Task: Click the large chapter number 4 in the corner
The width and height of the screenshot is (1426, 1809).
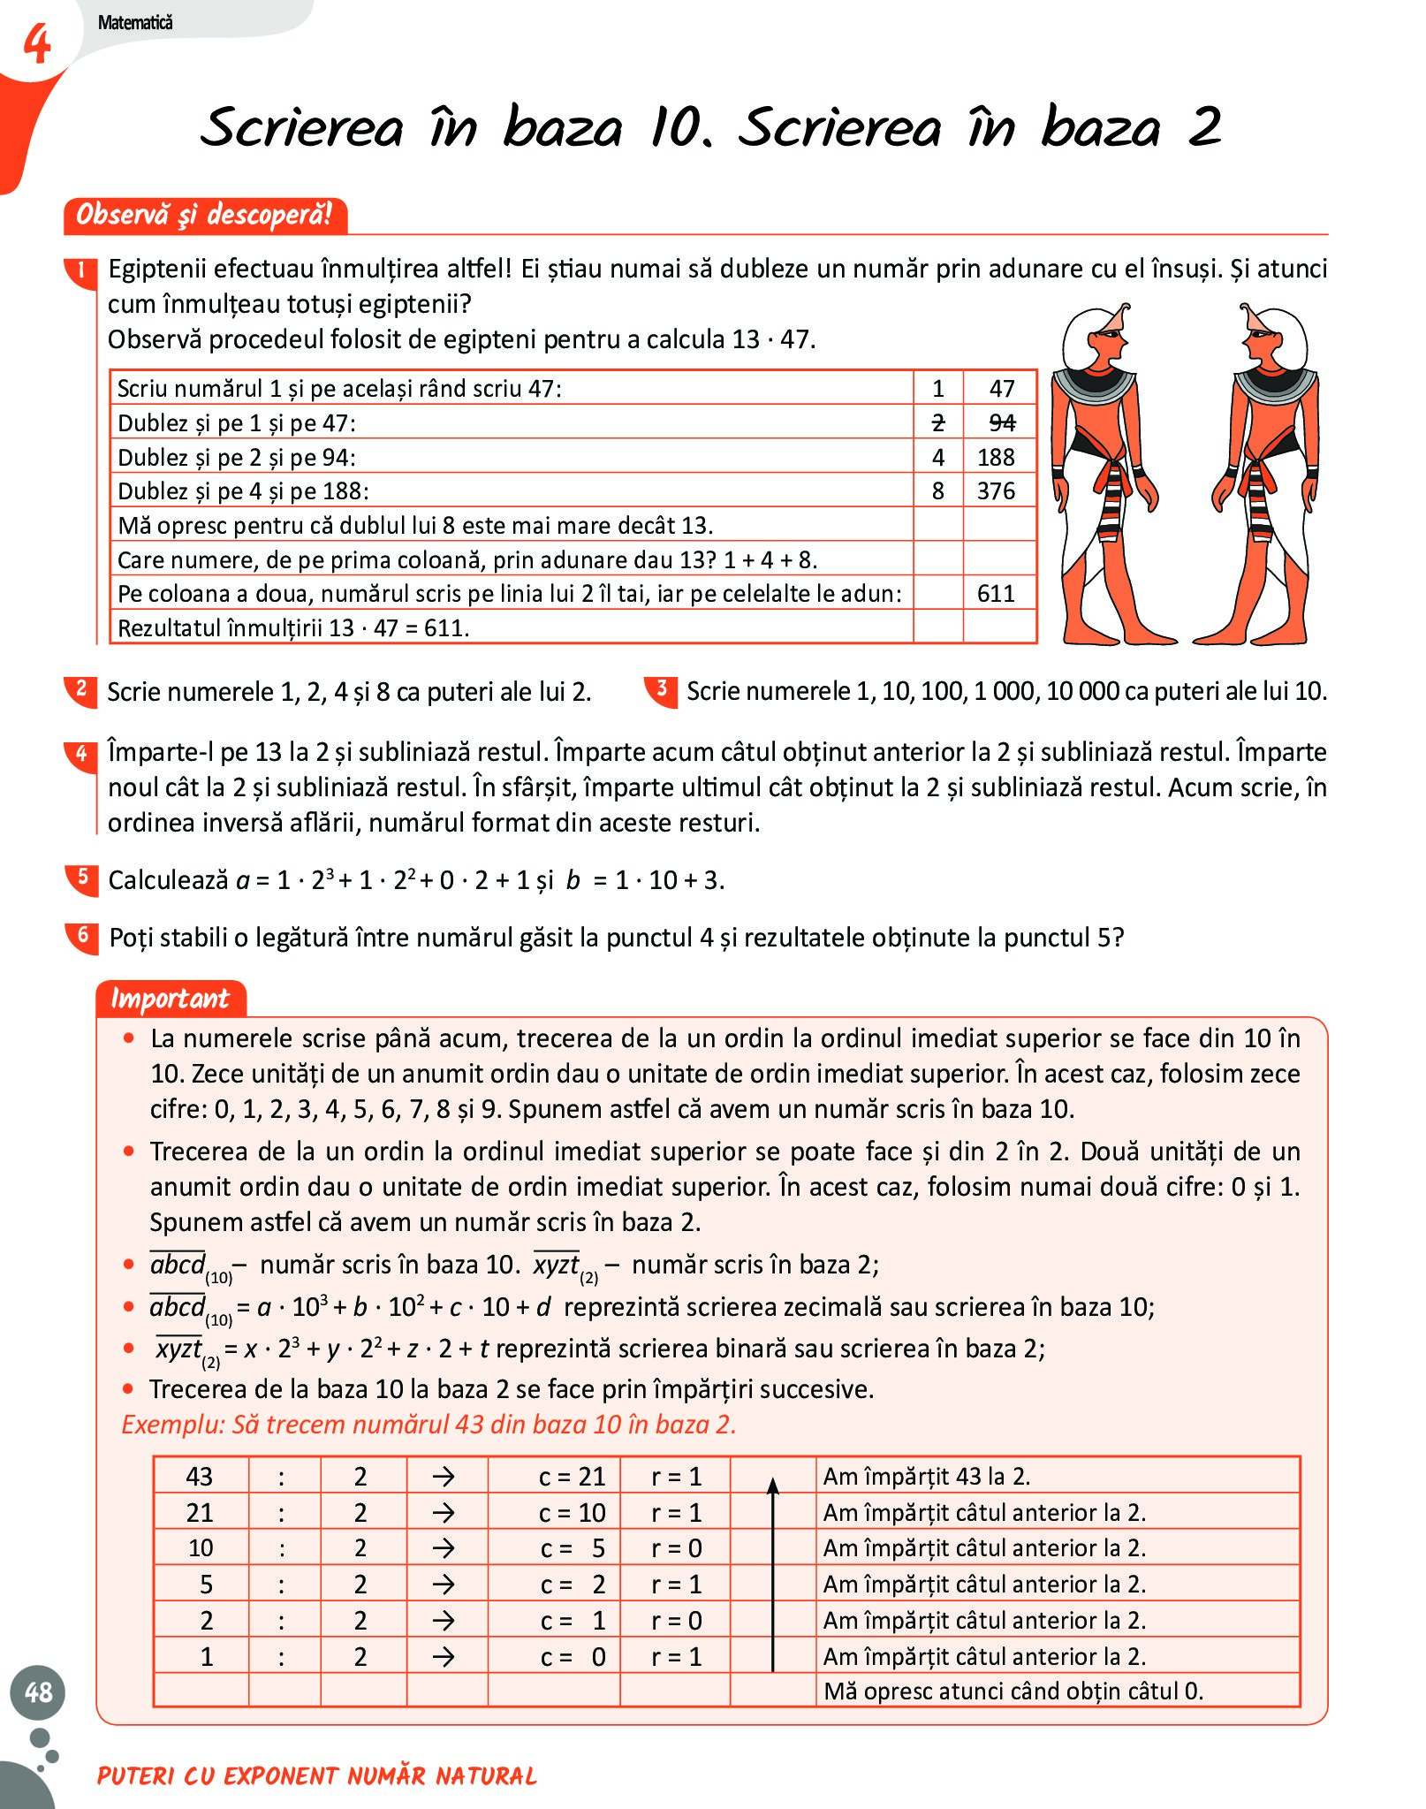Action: (36, 44)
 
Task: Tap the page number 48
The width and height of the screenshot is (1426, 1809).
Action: (38, 1691)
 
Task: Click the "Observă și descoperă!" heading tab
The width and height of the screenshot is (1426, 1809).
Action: (204, 215)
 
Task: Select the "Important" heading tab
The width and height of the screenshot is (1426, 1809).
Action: (170, 999)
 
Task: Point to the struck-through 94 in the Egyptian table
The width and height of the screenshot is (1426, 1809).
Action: (1001, 423)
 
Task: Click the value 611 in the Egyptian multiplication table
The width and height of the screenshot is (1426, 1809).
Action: (996, 594)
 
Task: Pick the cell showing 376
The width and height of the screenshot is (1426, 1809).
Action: (996, 491)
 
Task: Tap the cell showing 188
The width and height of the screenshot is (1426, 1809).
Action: (996, 457)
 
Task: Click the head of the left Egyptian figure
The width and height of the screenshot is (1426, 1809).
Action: (1096, 336)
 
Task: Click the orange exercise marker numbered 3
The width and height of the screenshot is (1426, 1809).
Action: (662, 689)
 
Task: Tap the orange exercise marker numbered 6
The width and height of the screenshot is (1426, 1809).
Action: (82, 936)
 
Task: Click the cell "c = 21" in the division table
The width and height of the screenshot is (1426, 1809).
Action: (572, 1477)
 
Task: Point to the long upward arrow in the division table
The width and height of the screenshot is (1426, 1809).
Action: (773, 1574)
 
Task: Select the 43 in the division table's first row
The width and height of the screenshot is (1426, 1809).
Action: (200, 1477)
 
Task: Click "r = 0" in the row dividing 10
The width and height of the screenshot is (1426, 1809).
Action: (676, 1548)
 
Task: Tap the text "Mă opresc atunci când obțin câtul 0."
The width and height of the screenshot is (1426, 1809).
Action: (1013, 1691)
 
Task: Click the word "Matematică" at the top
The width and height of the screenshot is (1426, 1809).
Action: (135, 23)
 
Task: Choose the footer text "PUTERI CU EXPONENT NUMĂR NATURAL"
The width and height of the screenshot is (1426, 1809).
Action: (317, 1775)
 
